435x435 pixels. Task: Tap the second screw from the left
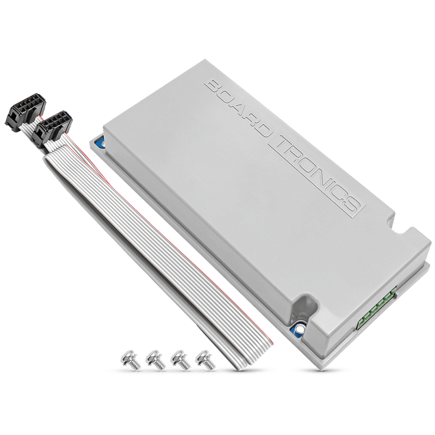pyautogui.click(x=154, y=362)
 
